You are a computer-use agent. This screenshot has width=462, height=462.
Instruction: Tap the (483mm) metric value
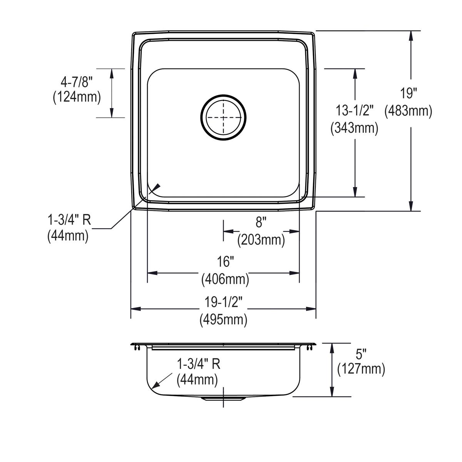coord(408,111)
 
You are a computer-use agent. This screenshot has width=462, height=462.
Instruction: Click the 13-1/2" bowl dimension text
coord(355,111)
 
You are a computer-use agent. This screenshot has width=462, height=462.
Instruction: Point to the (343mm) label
coord(355,128)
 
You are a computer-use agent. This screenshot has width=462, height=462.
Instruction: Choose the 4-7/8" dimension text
coord(77,81)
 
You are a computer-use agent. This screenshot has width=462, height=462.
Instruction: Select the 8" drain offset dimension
coord(261,222)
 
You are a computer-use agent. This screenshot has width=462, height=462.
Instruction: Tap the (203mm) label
coord(261,240)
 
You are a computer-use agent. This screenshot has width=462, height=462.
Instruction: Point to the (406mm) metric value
coord(225,279)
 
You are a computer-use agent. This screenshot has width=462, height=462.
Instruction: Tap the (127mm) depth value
coord(361,370)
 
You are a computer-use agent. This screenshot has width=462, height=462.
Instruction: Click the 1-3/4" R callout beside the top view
coord(69,220)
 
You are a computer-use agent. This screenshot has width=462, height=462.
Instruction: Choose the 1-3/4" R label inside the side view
coord(199,363)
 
